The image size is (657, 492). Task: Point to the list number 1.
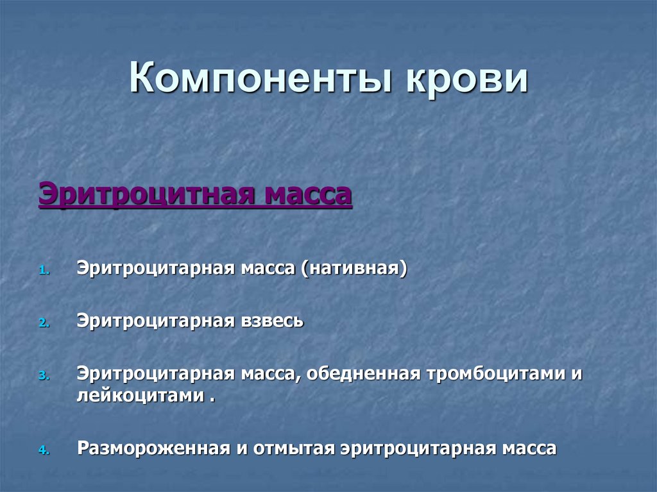tap(43, 271)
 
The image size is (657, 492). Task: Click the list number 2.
tap(43, 323)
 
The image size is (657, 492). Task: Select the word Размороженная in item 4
tap(153, 448)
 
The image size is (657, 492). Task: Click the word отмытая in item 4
tap(294, 448)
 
